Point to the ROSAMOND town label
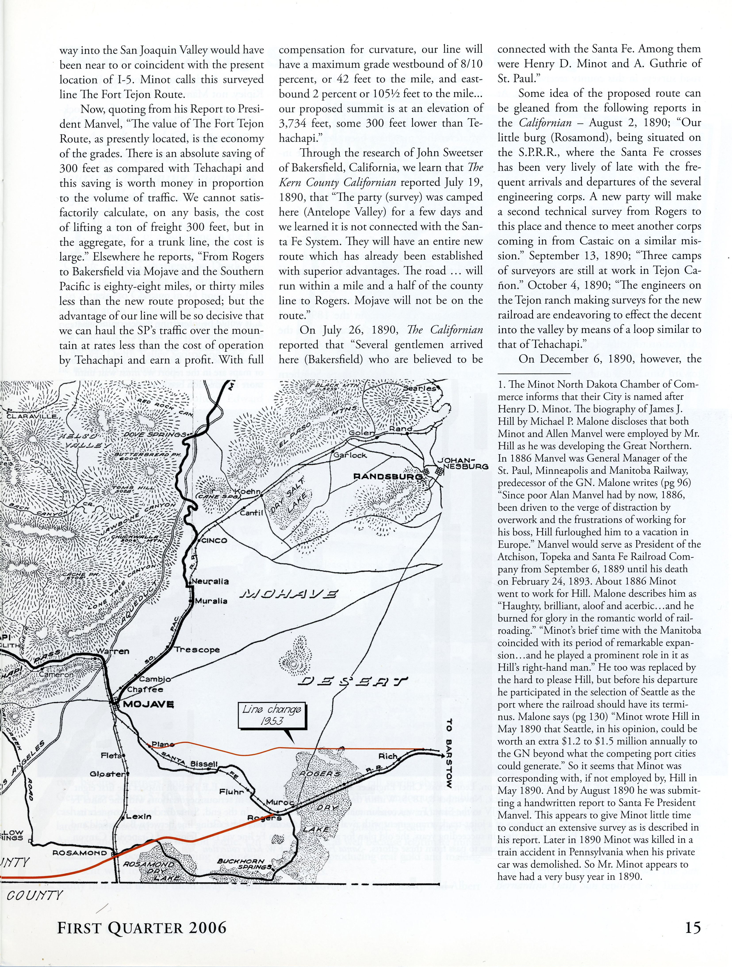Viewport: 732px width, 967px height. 80,852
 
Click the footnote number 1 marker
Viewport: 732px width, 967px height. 500,385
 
